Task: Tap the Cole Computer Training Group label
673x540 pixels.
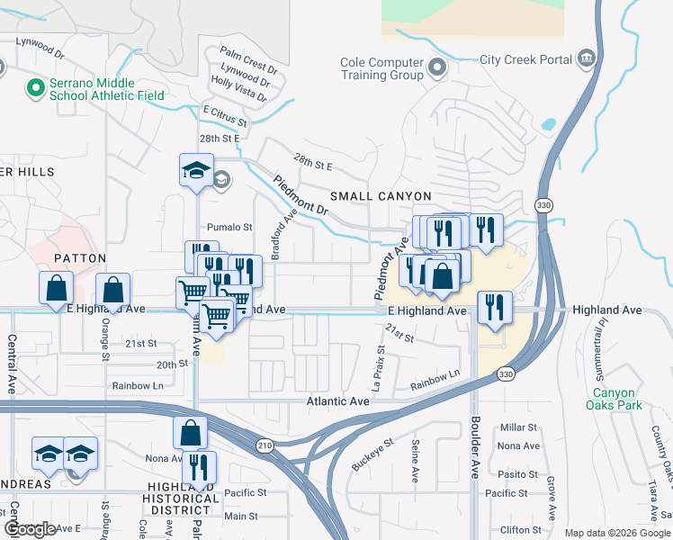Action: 381,68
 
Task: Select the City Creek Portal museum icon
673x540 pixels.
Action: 588,59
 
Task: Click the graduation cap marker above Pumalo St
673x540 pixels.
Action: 195,171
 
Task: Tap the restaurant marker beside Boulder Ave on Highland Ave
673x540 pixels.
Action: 494,308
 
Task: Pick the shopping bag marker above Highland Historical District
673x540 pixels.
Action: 191,433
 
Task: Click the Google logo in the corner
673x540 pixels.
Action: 30,529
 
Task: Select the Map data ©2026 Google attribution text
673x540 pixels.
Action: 617,533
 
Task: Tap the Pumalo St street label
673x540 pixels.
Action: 229,228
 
